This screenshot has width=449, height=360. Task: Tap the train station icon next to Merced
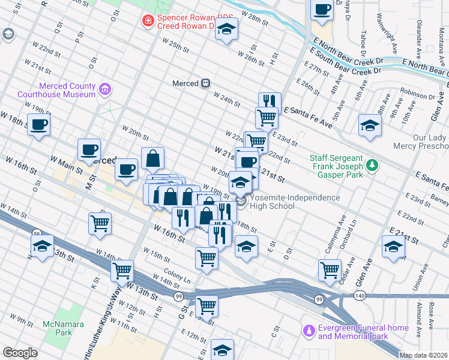click(x=206, y=83)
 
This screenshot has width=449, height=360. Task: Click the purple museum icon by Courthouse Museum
click(x=106, y=90)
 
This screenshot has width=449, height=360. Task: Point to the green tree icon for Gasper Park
click(x=372, y=164)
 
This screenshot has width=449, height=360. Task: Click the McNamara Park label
click(x=58, y=328)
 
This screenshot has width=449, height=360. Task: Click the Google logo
click(x=20, y=353)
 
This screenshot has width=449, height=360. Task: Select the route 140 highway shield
click(x=359, y=296)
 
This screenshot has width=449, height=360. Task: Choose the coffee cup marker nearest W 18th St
click(x=39, y=125)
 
